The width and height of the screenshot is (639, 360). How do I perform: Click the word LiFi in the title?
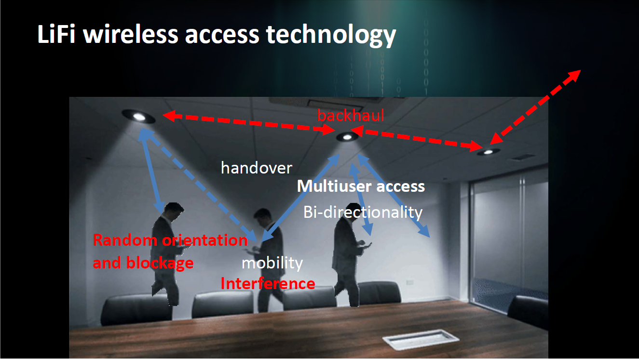57,35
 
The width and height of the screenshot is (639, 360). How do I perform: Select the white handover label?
256,168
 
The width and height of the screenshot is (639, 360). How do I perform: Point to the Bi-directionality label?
363,212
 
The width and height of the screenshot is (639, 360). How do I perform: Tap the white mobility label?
272,263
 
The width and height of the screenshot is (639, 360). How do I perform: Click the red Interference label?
268,283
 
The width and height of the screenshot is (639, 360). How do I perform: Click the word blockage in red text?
159,263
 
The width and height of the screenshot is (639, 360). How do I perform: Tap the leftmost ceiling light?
138,116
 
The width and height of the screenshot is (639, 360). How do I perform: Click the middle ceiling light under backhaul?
347,137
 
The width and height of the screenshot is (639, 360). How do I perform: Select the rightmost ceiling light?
488,152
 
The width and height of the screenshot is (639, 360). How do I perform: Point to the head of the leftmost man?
173,210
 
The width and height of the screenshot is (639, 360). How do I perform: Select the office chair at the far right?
528,313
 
